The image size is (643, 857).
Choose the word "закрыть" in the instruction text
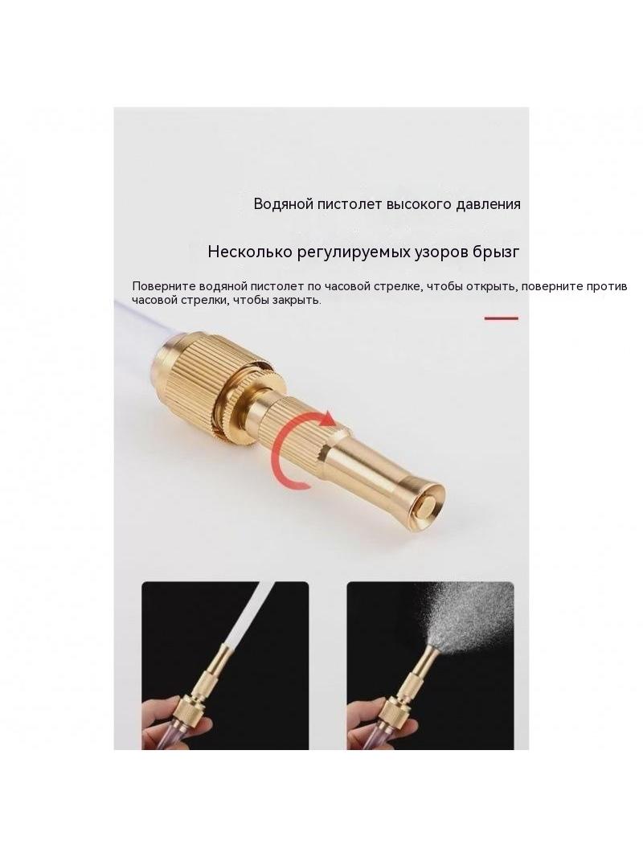(x=294, y=300)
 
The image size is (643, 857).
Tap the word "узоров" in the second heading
(x=437, y=253)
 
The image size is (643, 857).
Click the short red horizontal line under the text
(x=501, y=318)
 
